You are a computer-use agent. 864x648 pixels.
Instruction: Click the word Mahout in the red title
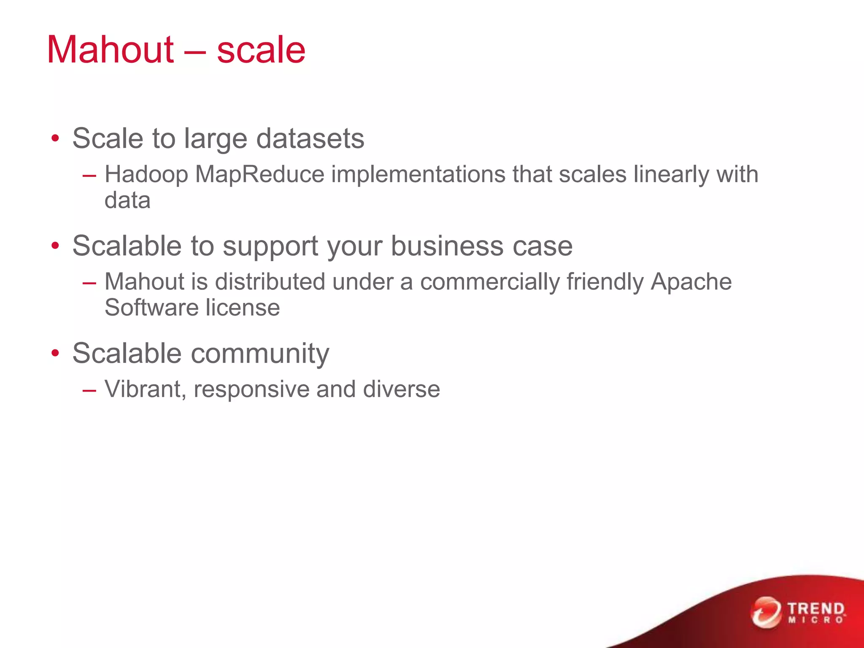click(110, 50)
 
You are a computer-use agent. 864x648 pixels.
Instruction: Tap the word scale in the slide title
click(261, 50)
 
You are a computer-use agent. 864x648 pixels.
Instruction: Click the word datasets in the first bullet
click(310, 138)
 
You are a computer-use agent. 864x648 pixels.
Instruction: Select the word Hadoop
click(146, 174)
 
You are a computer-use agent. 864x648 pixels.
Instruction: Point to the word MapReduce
click(259, 174)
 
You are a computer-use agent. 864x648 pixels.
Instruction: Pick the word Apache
click(691, 281)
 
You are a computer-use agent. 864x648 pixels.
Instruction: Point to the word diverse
click(401, 389)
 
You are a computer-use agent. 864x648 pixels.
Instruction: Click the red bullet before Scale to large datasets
click(55, 139)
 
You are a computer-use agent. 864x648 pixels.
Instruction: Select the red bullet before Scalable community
click(55, 354)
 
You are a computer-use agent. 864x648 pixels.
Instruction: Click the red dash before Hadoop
click(89, 175)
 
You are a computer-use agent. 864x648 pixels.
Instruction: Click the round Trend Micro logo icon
click(765, 612)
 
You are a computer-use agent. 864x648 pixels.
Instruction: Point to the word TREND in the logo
click(816, 609)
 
